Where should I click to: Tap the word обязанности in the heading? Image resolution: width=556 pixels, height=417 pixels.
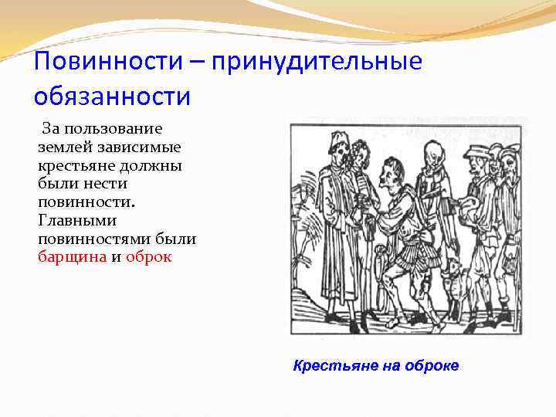tap(112, 97)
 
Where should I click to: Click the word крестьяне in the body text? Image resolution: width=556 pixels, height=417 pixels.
tap(75, 164)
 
